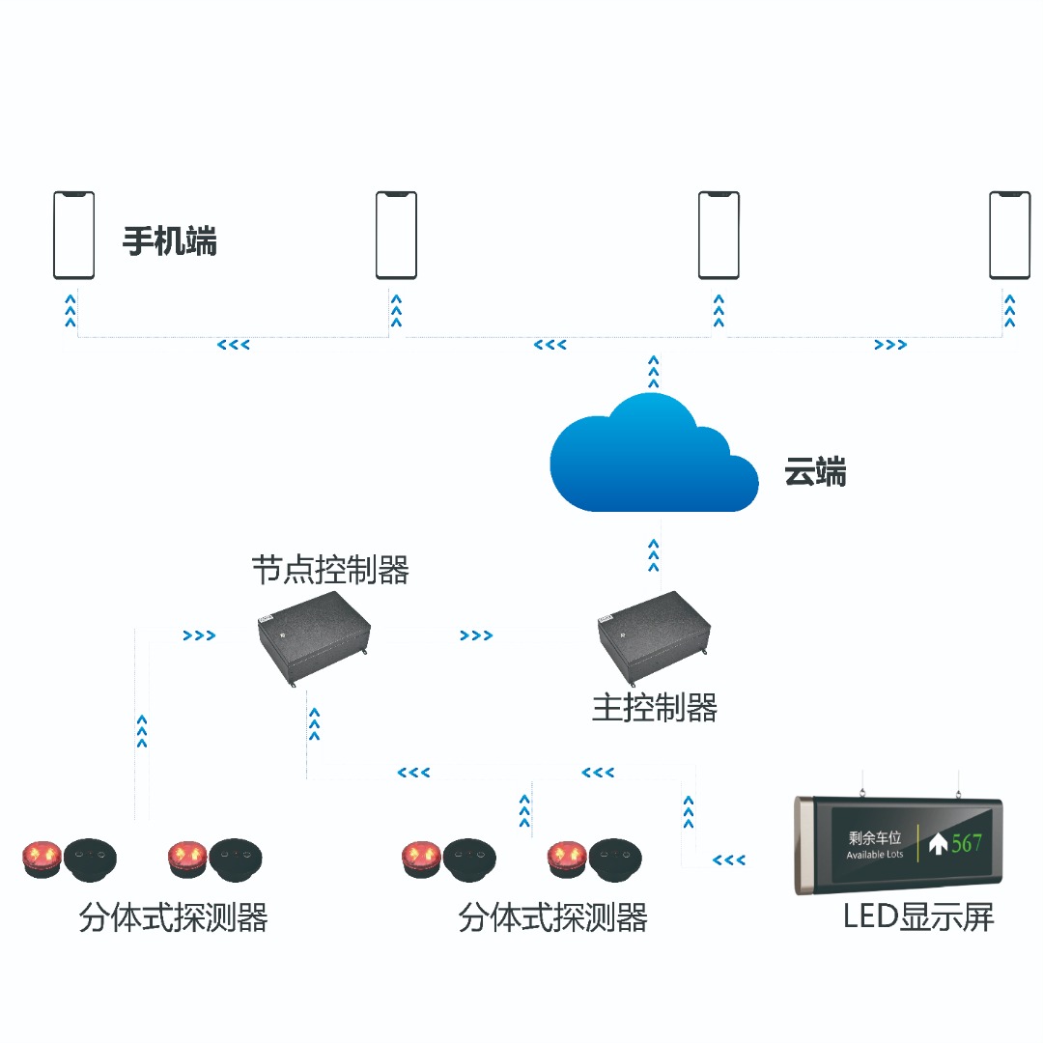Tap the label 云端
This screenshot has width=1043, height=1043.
coord(815,473)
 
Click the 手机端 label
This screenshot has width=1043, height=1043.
coord(170,240)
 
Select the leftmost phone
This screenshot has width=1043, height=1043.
coord(73,235)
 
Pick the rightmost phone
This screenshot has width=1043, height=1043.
coord(1009,235)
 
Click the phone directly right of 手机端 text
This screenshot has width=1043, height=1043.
coord(396,235)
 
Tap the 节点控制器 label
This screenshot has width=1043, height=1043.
coord(330,570)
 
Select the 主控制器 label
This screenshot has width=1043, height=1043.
coord(655,708)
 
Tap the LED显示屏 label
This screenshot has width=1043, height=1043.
coord(918,916)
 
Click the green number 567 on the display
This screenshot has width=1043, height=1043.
coord(967,843)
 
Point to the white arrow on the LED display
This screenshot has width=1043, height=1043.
coord(937,843)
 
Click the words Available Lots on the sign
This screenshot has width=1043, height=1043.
coord(874,856)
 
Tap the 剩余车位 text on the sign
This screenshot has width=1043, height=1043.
coord(874,837)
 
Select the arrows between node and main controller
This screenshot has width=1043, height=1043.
coord(476,635)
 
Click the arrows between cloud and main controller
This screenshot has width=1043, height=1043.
coord(654,555)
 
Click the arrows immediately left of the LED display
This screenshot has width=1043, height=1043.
coord(729,860)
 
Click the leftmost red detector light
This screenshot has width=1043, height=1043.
coord(42,856)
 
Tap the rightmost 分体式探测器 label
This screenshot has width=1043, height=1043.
coord(552,917)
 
